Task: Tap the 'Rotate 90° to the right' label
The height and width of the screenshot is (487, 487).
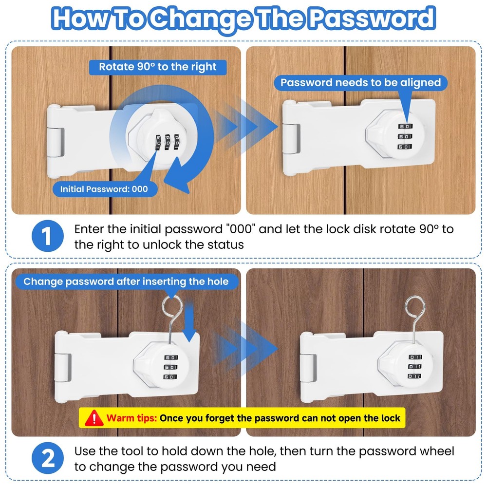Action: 158,67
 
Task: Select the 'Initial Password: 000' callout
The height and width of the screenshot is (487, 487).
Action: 104,189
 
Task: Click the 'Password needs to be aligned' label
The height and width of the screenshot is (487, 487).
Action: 360,82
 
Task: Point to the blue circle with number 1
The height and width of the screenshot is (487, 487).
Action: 47,236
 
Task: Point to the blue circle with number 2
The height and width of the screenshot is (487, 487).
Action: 47,458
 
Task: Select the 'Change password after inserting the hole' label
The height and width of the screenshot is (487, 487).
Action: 126,281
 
